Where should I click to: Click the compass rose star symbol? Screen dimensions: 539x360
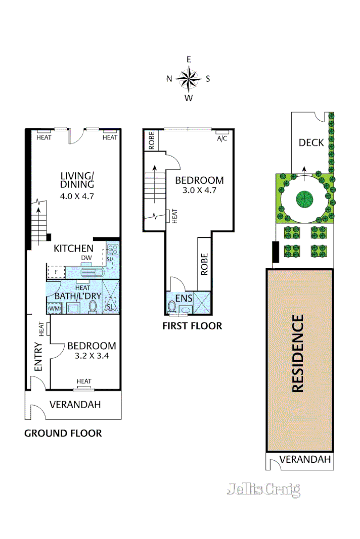(189, 78)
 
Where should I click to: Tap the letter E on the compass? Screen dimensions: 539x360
(189, 60)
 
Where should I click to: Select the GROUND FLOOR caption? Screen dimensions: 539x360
(63, 433)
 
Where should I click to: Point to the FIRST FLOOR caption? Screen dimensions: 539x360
(192, 326)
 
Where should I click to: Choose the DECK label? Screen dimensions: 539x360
(311, 142)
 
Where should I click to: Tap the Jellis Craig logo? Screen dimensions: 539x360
(263, 489)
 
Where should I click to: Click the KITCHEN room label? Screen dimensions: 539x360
(74, 248)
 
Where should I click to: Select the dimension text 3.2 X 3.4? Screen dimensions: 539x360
(92, 355)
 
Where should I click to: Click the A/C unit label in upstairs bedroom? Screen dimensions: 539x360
(221, 138)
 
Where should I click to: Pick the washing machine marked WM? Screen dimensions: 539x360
(54, 308)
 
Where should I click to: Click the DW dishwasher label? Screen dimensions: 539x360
(87, 258)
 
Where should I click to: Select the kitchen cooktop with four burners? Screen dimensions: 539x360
(113, 249)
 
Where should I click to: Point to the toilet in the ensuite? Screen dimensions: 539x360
(172, 307)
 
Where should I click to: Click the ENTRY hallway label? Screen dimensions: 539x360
(38, 359)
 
